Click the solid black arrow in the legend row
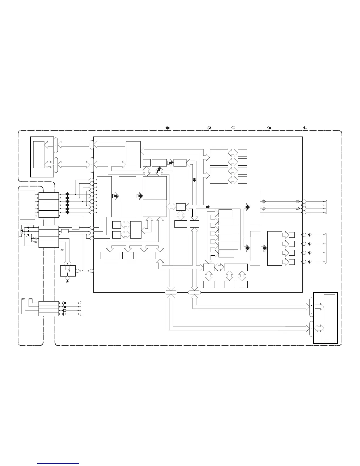[167, 128]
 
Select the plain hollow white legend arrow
[233, 128]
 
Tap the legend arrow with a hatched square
[209, 128]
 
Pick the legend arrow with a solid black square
[269, 128]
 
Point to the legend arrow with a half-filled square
[305, 128]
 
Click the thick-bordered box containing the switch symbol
[68, 271]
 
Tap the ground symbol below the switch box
[67, 282]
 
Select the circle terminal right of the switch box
[78, 271]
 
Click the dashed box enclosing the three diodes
[28, 231]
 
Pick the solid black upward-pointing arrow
[159, 169]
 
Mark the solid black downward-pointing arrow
[194, 179]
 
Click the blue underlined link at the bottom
[59, 464]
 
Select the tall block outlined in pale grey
[255, 248]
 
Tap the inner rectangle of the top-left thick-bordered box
[39, 154]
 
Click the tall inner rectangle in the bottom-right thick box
[329, 318]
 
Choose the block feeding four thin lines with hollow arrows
[255, 207]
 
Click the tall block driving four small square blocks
[274, 248]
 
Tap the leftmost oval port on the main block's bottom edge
[171, 292]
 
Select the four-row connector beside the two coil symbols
[49, 309]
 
